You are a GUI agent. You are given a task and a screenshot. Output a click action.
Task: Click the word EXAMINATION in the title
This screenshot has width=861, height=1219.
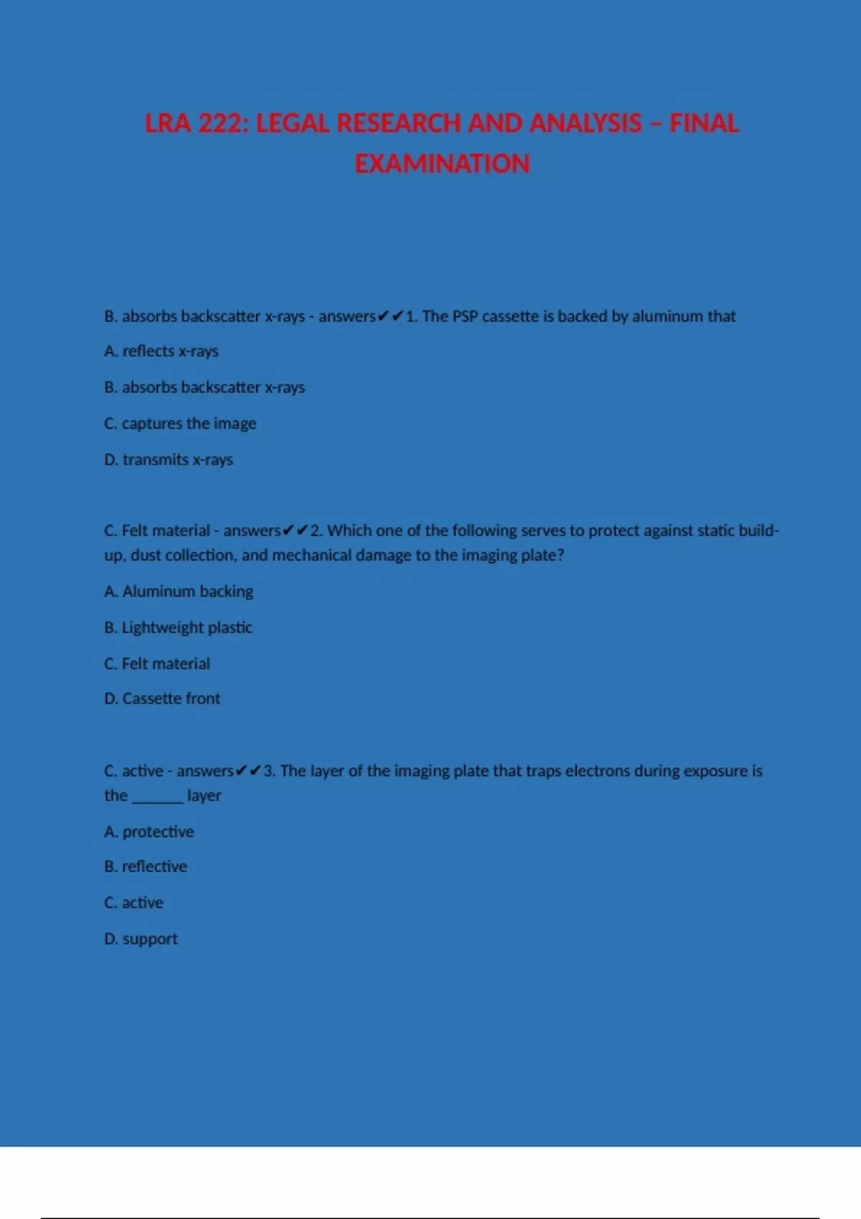442,163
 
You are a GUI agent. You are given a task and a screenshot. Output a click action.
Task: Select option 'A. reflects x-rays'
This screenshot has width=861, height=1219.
161,351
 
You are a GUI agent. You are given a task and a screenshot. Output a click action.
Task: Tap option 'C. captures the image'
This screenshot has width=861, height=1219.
180,424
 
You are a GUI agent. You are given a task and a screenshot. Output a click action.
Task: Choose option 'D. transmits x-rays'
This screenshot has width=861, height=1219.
169,460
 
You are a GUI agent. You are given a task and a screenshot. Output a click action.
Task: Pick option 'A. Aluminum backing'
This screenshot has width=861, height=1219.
179,592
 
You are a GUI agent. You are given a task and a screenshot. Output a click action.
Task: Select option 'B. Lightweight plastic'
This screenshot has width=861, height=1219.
178,627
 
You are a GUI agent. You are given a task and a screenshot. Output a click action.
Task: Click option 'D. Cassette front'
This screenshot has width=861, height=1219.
162,698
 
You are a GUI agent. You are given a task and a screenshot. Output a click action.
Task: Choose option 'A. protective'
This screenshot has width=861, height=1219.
149,832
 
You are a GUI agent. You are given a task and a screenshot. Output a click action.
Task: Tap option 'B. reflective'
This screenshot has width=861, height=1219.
146,867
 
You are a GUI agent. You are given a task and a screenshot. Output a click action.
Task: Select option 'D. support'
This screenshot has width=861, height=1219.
141,939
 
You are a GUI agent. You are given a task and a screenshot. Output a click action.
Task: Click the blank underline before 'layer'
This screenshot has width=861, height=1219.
157,797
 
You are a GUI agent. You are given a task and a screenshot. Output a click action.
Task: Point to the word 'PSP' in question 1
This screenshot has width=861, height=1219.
465,316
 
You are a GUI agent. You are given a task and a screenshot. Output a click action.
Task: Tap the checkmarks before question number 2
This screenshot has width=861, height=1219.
296,531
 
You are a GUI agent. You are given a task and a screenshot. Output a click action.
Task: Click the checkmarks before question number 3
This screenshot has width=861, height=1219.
248,771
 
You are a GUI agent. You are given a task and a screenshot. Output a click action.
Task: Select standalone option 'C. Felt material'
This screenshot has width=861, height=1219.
157,664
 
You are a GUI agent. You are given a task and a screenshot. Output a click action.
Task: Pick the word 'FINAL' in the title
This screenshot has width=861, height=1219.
703,123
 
